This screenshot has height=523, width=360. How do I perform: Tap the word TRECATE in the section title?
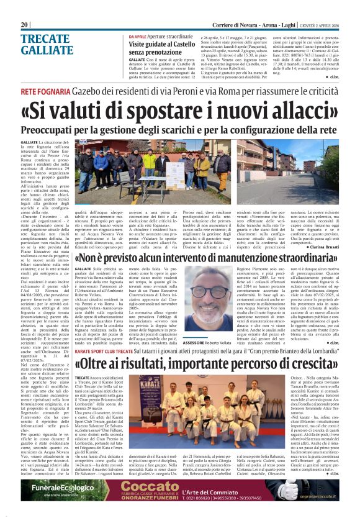(45, 39)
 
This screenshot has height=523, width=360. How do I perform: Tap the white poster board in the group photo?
(178, 174)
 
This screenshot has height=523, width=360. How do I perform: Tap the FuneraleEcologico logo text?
(65, 471)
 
